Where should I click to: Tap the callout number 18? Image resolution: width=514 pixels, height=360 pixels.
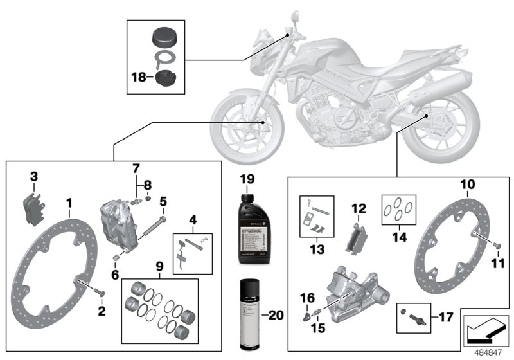[138, 77]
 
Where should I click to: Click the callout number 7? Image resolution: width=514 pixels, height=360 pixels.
[136, 169]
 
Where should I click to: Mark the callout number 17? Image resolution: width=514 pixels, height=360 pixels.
[445, 317]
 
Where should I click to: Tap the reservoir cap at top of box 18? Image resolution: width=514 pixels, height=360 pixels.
[164, 35]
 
